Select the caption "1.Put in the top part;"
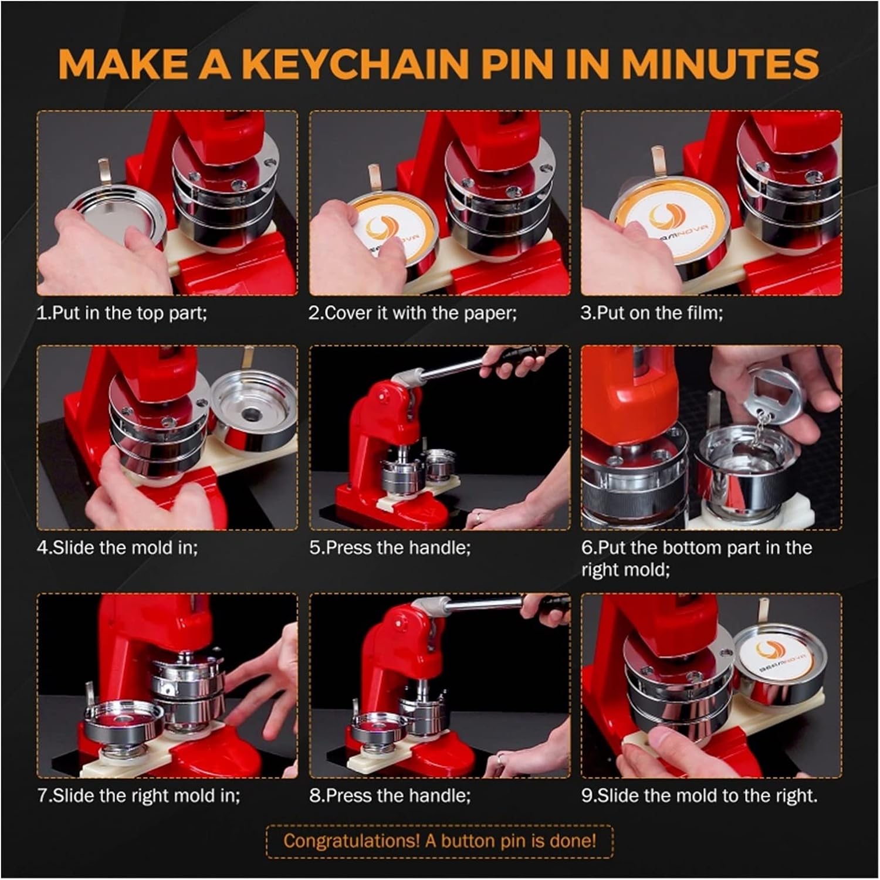click(x=122, y=313)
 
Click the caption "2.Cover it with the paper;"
click(x=413, y=313)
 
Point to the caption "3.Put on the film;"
click(x=652, y=313)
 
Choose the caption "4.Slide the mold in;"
click(x=117, y=548)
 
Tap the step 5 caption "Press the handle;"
click(x=398, y=548)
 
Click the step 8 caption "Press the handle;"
click(x=398, y=796)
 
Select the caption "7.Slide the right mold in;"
click(x=138, y=796)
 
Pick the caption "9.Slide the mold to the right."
click(x=699, y=796)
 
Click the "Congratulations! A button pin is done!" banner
click(x=439, y=841)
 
